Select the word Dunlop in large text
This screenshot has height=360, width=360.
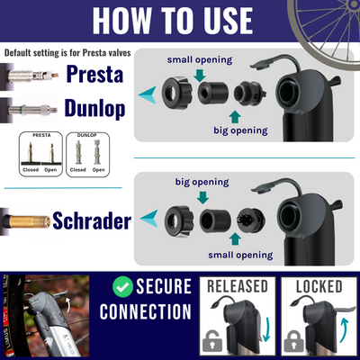[94, 110]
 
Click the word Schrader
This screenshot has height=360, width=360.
[95, 220]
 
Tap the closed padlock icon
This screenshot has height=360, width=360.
[292, 342]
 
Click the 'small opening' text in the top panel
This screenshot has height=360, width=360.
[200, 60]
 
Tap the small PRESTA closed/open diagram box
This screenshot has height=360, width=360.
[40, 154]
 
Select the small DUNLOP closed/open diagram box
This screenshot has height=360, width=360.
[90, 154]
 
